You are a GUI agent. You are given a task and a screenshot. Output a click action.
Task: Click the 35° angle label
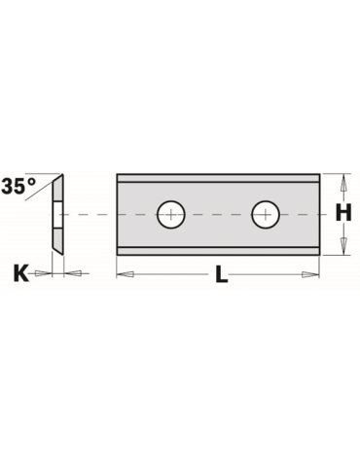pyautogui.click(x=18, y=186)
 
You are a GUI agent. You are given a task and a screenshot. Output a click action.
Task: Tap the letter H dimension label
pyautogui.click(x=343, y=214)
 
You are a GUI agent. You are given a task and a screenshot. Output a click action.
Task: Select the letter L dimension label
pyautogui.click(x=222, y=275)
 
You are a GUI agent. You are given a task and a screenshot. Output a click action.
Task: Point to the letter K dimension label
pyautogui.click(x=20, y=273)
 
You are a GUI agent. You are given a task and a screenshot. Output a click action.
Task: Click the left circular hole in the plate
pyautogui.click(x=171, y=214)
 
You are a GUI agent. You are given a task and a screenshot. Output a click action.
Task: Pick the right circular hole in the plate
pyautogui.click(x=266, y=214)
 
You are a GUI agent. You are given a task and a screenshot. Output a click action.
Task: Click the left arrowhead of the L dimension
pyautogui.click(x=126, y=274)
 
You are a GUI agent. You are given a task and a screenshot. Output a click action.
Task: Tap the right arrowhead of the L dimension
pyautogui.click(x=310, y=274)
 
